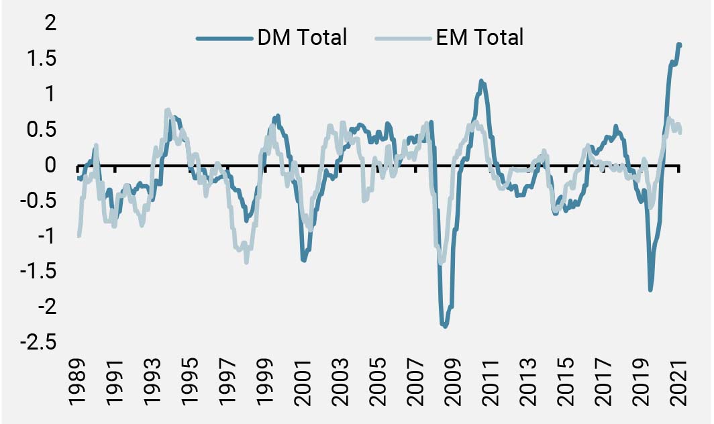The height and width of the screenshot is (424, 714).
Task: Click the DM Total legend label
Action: pos(302,38)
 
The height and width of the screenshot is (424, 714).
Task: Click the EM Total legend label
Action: pos(478,38)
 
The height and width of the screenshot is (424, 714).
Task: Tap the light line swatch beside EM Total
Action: pos(403,38)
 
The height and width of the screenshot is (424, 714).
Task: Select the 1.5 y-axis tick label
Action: pos(39,59)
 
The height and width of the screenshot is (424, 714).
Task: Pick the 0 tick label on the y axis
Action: pos(47,165)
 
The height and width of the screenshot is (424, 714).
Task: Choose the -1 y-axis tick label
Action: pos(40,237)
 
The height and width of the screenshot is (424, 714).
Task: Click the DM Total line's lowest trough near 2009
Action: pos(444,326)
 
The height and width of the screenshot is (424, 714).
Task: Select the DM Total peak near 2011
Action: pos(481,81)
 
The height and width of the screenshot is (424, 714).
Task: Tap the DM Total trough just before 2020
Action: pos(650,290)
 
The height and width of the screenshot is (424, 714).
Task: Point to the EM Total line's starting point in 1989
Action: pos(79,235)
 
